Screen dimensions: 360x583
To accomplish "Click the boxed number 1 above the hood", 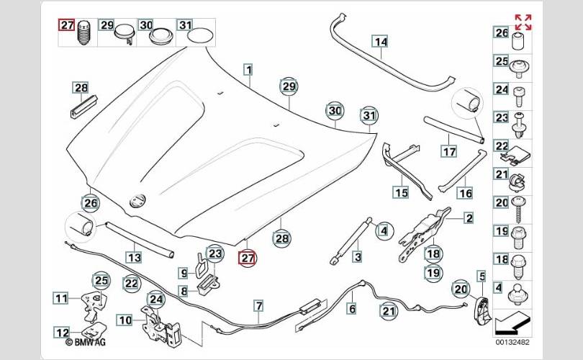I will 248,71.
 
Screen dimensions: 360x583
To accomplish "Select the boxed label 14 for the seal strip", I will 380,42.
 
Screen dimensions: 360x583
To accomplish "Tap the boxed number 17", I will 448,152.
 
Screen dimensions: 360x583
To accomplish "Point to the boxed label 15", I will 399,192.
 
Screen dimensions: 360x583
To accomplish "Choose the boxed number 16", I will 465,192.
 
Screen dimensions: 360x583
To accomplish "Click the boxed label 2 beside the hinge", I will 468,217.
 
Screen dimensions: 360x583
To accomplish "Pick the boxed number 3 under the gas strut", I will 357,256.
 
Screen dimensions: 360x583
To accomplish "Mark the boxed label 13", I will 134,256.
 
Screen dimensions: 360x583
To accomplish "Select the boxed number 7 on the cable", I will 258,307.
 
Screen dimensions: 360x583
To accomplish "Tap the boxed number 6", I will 352,308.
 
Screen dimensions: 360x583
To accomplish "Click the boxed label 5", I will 480,274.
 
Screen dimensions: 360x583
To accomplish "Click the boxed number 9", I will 184,274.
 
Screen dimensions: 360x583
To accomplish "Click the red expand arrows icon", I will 523,22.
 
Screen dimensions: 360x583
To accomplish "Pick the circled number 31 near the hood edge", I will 369,116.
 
